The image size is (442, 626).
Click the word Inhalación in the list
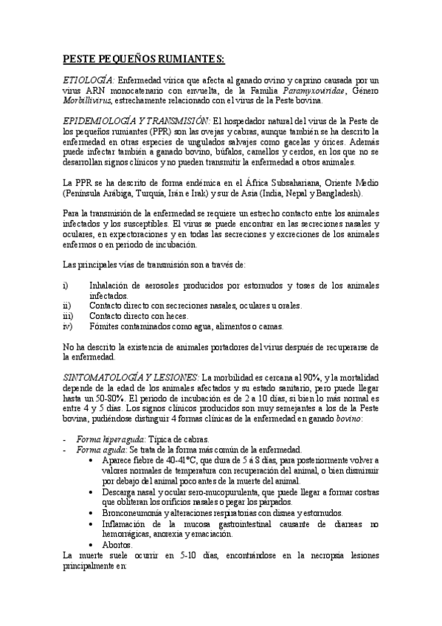[x=111, y=286]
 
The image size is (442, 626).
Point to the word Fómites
[x=104, y=326]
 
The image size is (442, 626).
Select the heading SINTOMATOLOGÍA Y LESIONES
[x=131, y=376]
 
